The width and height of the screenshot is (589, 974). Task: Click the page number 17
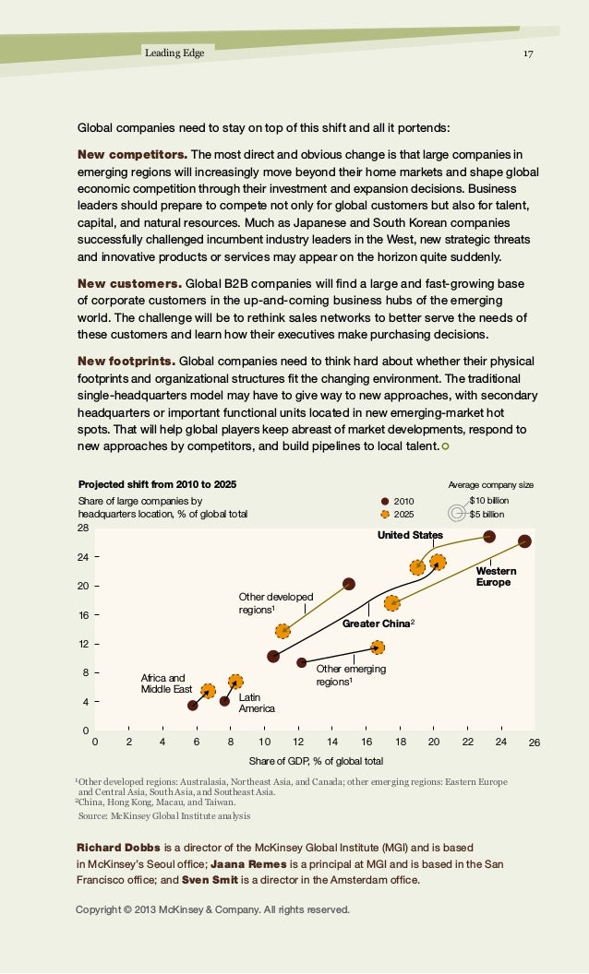528,53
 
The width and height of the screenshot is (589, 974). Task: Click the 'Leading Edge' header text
174,53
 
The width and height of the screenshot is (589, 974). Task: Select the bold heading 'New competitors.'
132,155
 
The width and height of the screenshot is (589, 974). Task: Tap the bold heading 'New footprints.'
126,362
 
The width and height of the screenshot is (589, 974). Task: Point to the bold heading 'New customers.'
129,284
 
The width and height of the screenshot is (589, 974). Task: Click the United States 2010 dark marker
489,537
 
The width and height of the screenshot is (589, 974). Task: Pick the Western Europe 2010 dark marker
524,541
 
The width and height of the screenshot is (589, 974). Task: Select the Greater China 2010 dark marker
273,656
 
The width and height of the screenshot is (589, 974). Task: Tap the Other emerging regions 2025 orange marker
378,647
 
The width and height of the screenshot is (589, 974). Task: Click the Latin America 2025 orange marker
235,682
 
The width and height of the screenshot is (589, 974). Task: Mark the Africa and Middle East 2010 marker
193,705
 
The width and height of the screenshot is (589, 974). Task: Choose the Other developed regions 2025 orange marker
283,631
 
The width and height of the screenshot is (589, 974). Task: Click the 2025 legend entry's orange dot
385,515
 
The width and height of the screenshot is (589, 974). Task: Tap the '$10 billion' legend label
489,501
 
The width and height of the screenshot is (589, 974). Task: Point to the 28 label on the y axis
83,528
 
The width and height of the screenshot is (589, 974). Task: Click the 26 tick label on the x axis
535,742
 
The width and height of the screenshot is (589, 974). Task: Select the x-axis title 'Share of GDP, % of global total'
316,761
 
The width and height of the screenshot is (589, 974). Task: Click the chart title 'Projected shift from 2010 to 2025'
157,484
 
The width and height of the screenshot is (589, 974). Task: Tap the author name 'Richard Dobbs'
118,848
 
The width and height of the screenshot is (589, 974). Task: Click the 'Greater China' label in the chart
377,623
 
